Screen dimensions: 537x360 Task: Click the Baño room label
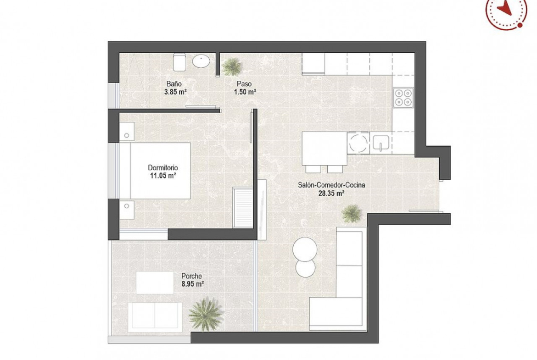tap(174, 84)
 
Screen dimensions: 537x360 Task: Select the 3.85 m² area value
tap(175, 92)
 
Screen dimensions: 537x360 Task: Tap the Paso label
tap(244, 84)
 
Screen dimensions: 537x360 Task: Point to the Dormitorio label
tap(162, 168)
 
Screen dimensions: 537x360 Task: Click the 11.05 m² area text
tap(163, 176)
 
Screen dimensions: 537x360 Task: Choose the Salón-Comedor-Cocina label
tap(331, 185)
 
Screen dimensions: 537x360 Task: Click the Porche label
tap(192, 276)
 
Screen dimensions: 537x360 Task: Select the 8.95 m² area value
tap(193, 284)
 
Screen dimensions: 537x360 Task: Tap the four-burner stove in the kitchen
tap(403, 98)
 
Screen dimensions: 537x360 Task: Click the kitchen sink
tap(380, 143)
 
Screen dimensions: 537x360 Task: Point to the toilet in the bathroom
tap(179, 62)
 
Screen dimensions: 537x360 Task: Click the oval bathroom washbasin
tap(201, 61)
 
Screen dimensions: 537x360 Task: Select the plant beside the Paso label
tap(232, 66)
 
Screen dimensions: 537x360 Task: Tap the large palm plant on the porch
tap(206, 314)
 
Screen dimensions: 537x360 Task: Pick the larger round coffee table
tap(304, 249)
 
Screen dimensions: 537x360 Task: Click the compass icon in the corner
tap(507, 11)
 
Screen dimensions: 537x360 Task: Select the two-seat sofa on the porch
tap(155, 317)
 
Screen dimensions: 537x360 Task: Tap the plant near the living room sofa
tap(352, 214)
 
